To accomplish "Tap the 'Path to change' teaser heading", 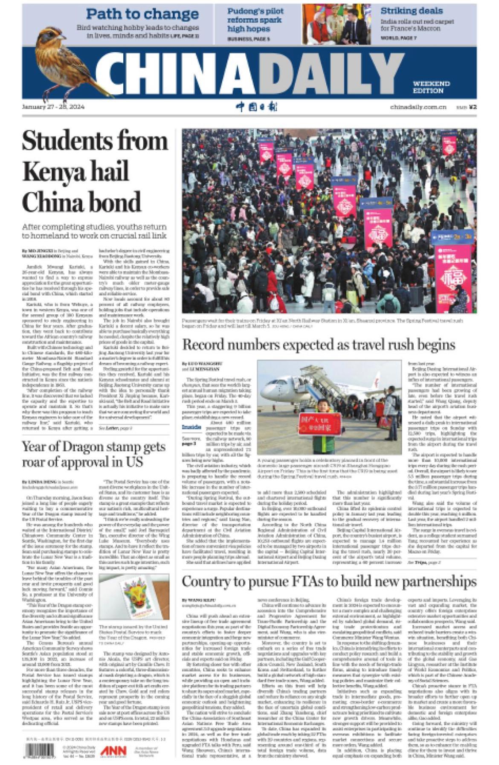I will [x=142, y=14].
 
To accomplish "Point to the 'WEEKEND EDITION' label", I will [x=431, y=87].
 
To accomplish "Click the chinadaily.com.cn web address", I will [x=418, y=107].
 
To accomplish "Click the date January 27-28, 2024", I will [x=53, y=107].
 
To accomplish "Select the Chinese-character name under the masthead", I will [x=257, y=107].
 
